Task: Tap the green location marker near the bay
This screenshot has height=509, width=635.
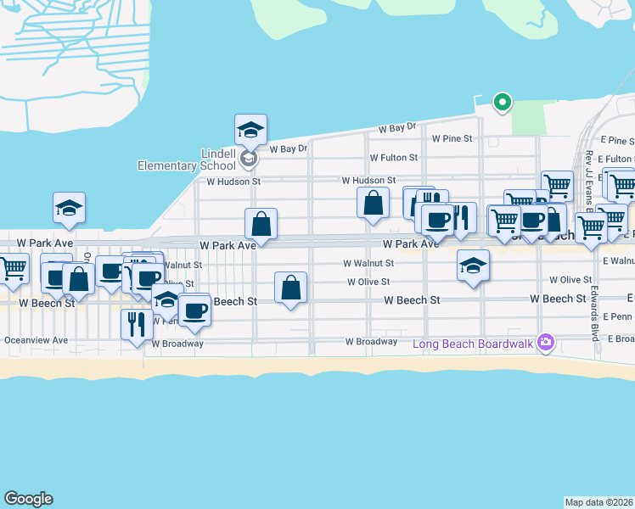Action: point(502,103)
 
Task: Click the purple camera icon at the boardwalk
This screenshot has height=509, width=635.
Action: point(545,344)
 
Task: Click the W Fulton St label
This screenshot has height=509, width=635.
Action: point(393,158)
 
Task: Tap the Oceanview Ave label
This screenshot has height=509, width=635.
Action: point(36,340)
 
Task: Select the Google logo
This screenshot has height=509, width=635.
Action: point(28,499)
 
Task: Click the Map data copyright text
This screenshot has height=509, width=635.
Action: point(598,502)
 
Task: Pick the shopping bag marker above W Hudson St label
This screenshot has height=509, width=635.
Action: point(373,203)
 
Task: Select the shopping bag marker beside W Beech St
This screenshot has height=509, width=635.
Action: point(291,288)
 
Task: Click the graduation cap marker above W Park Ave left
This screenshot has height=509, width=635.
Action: point(69,208)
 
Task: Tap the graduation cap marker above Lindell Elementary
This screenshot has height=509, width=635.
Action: point(250,130)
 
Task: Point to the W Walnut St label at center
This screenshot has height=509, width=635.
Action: point(368,263)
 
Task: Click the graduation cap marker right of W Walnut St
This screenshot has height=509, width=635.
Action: point(473,266)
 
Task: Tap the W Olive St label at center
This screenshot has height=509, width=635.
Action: point(368,282)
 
